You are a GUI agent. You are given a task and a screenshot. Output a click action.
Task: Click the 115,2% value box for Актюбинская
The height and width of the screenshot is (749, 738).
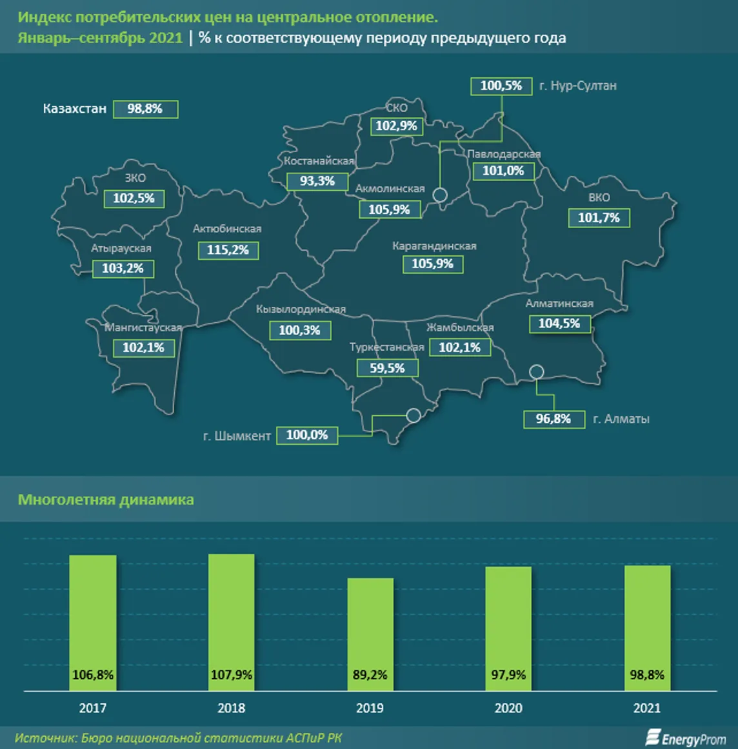(228, 250)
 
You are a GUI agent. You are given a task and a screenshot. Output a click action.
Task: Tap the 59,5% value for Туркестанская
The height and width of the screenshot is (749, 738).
(387, 368)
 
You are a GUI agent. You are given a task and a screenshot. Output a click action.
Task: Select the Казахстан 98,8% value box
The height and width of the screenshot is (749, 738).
(145, 109)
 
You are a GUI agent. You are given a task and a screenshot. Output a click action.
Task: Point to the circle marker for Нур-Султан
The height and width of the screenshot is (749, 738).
(440, 195)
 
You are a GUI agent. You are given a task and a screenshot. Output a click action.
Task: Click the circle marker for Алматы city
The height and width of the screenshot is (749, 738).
(536, 372)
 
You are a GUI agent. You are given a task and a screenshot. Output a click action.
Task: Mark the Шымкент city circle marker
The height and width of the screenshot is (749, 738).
(413, 415)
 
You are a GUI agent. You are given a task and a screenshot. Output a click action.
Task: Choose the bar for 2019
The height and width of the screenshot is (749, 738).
(370, 634)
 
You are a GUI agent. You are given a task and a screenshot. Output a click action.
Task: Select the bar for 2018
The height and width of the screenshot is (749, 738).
(232, 622)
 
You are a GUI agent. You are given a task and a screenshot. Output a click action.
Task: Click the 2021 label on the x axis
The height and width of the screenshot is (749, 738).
(647, 708)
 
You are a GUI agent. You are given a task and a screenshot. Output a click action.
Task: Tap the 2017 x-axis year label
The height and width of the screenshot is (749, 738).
(93, 708)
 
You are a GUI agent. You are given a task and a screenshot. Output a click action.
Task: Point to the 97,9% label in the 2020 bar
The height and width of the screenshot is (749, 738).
(508, 675)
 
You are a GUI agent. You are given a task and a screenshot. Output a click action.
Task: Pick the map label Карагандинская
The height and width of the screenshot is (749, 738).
(434, 246)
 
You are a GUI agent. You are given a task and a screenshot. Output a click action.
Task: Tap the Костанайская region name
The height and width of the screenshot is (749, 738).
(319, 161)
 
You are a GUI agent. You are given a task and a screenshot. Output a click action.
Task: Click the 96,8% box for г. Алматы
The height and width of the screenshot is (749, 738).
(553, 419)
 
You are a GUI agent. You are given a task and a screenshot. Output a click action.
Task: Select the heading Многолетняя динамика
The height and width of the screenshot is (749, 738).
(106, 500)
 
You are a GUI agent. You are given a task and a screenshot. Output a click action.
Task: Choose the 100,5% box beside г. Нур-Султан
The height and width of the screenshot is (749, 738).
(501, 86)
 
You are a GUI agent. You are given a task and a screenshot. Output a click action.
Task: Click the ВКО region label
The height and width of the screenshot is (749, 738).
(599, 198)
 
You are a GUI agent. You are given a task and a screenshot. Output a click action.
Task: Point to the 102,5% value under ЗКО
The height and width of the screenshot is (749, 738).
(134, 199)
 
